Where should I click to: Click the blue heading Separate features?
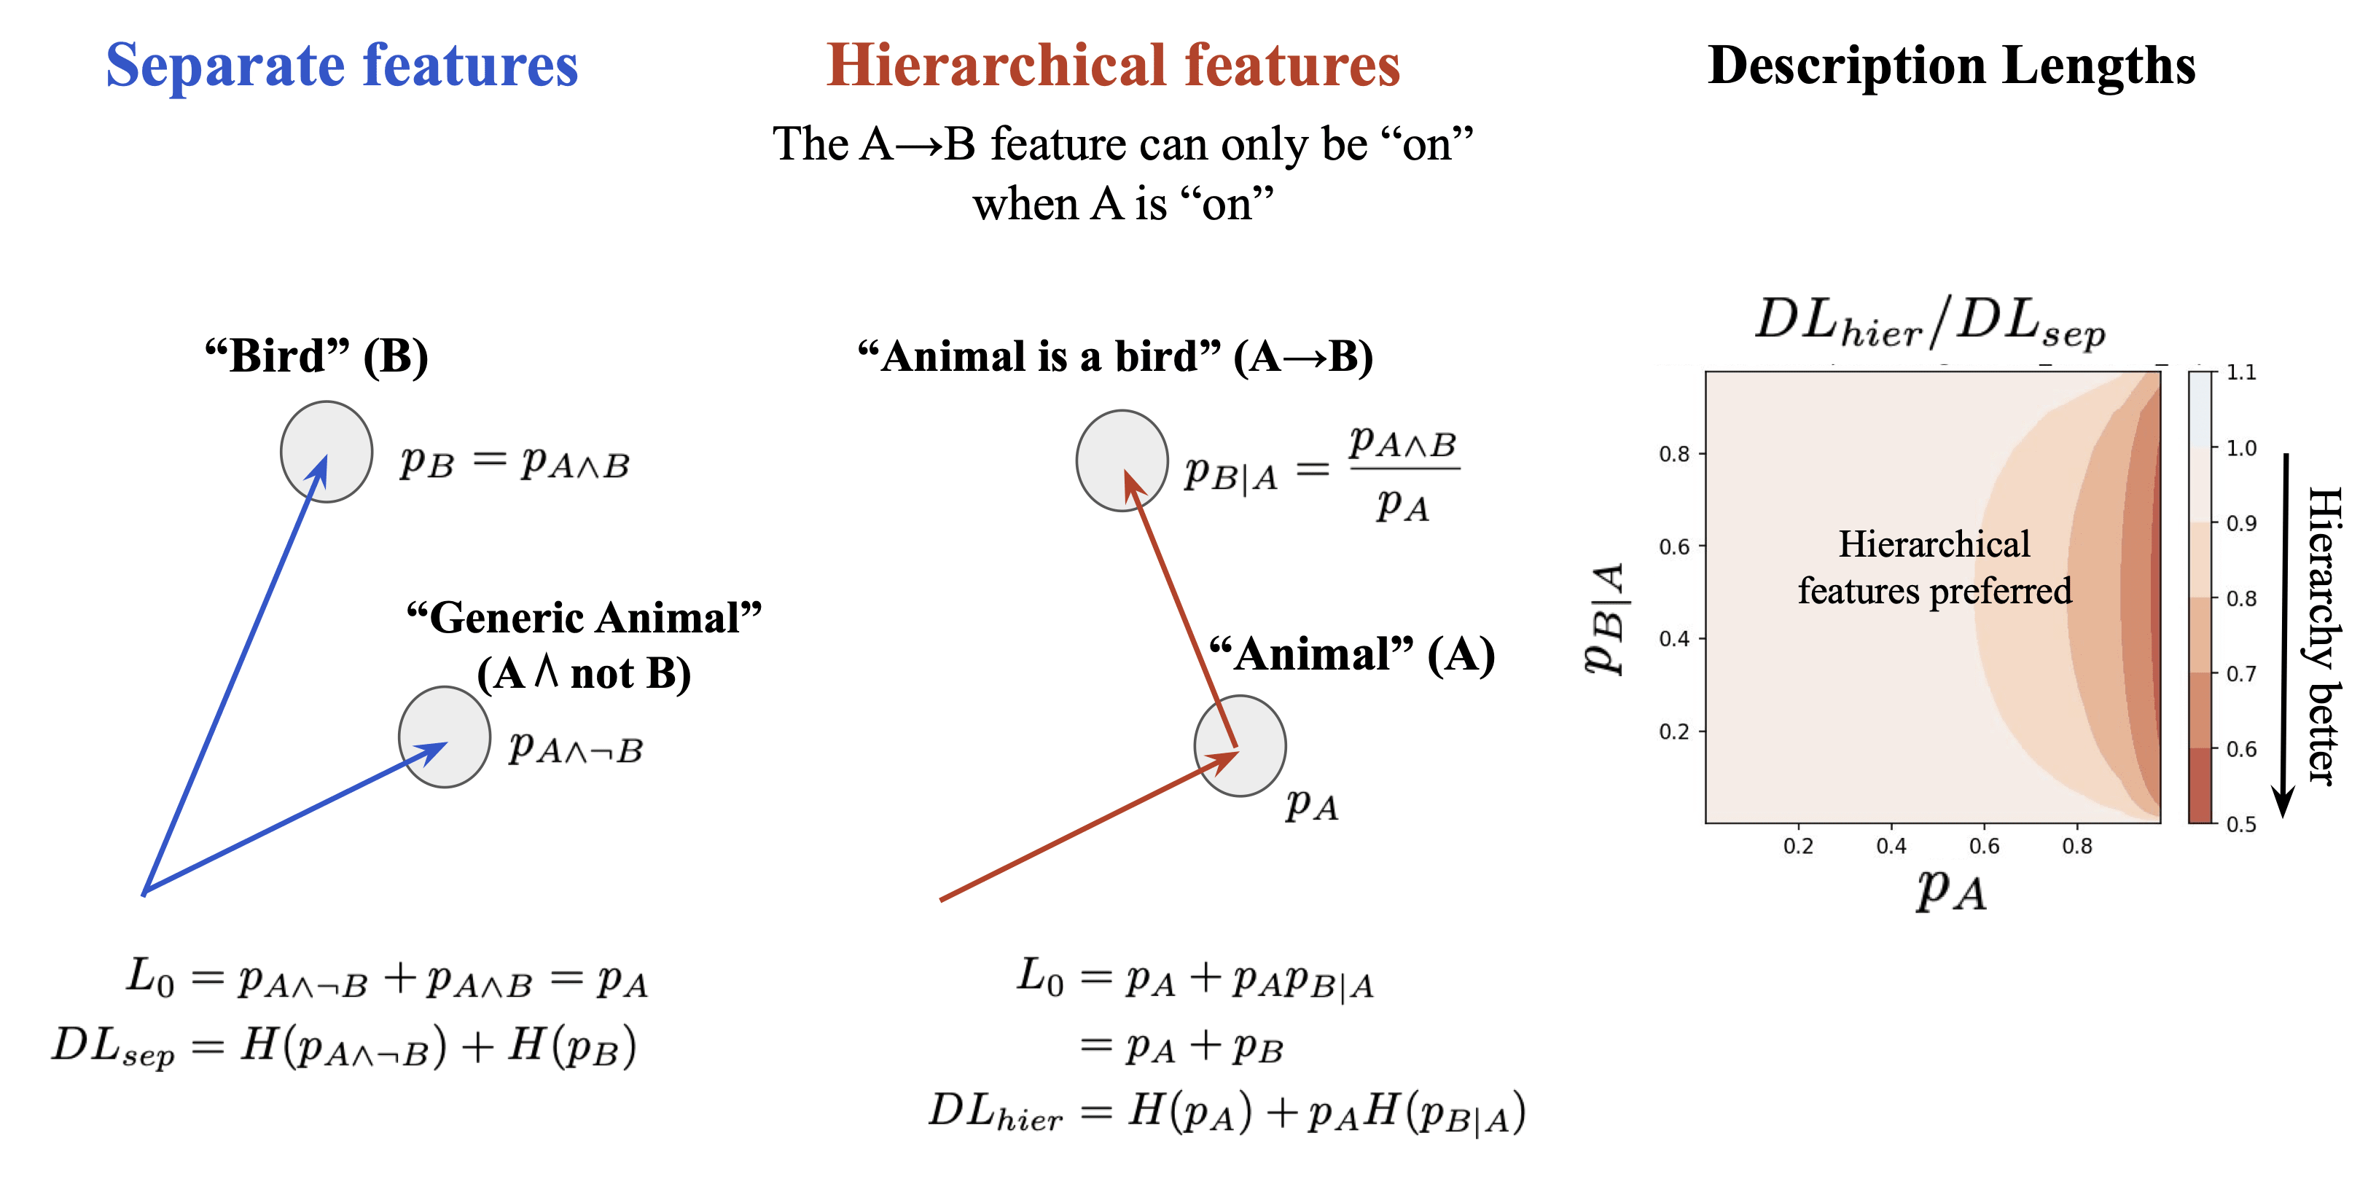[x=342, y=66]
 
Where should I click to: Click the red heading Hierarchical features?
[x=1112, y=66]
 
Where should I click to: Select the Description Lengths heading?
[x=1950, y=66]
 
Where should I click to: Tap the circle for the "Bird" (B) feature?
[x=327, y=451]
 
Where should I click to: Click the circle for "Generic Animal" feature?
[x=444, y=737]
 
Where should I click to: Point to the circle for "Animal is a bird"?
[x=1122, y=460]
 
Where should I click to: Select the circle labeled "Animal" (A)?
[x=1240, y=745]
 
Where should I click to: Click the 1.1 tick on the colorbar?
[x=2240, y=372]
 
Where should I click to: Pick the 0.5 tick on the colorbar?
[x=2240, y=823]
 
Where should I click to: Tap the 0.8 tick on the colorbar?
[x=2240, y=598]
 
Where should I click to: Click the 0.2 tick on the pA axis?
[x=1798, y=846]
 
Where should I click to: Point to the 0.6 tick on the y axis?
[x=1674, y=547]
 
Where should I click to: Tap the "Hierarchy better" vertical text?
[x=2326, y=635]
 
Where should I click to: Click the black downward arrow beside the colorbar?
[x=2284, y=635]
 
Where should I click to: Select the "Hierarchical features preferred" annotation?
[x=1934, y=567]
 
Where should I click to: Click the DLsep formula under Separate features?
[x=344, y=1047]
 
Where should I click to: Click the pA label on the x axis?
[x=1950, y=890]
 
